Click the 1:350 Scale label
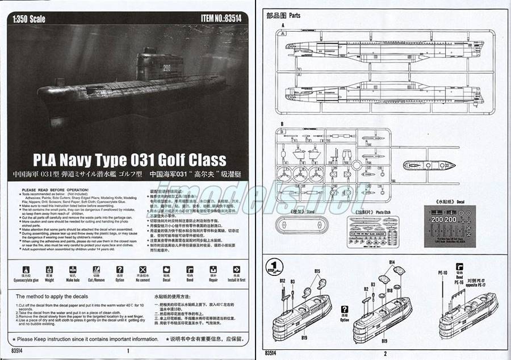28,19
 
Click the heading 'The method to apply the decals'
52,296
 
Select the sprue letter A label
282,26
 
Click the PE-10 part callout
444,273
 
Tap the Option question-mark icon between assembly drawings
344,311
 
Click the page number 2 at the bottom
384,353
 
